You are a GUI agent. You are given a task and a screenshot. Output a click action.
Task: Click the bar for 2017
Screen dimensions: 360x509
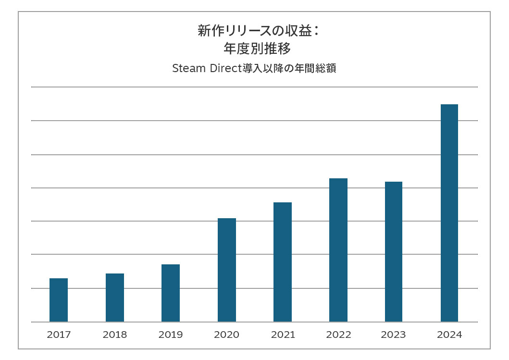click(x=59, y=300)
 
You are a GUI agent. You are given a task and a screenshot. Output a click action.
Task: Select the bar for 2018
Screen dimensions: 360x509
click(x=115, y=298)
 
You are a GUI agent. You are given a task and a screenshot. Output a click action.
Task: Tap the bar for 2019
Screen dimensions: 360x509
click(x=171, y=293)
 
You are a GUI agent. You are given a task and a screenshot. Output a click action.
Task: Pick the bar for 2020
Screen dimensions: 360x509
click(x=227, y=270)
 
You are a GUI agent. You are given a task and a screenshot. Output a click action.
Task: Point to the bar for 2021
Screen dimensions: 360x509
click(x=283, y=262)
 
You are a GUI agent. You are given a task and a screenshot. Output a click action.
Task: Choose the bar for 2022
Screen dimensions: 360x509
click(x=338, y=250)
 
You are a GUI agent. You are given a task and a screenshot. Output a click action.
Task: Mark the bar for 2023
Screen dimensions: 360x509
click(x=394, y=251)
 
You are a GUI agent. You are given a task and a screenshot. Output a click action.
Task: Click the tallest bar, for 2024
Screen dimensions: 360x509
click(x=449, y=213)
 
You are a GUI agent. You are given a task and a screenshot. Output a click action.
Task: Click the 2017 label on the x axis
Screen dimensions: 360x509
click(x=59, y=335)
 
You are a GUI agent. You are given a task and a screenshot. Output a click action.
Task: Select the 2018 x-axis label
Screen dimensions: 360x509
click(x=115, y=335)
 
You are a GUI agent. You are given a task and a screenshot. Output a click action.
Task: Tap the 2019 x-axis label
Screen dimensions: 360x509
click(x=171, y=335)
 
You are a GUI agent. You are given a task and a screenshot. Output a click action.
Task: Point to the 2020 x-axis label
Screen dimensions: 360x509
click(x=227, y=335)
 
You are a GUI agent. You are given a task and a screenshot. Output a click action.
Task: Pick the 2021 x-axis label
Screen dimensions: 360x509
click(x=283, y=335)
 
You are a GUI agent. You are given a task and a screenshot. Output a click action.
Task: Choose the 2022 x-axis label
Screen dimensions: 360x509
click(x=338, y=335)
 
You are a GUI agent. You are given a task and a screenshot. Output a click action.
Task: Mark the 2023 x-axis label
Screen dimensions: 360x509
click(x=394, y=335)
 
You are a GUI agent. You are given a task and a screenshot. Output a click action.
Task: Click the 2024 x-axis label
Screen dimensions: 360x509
click(x=449, y=335)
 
